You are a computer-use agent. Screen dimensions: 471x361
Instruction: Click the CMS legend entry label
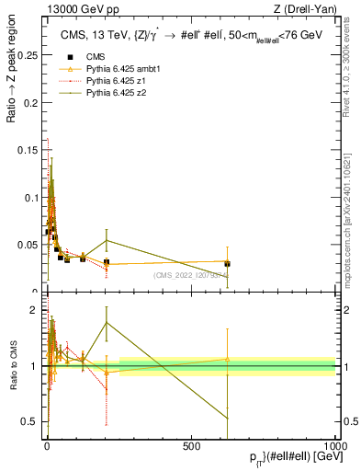coord(82,57)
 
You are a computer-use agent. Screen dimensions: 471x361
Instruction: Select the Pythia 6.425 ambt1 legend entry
coord(106,69)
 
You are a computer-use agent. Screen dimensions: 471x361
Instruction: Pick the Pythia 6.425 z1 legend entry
coord(100,81)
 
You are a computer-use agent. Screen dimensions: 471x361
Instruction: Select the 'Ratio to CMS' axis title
coord(13,367)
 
